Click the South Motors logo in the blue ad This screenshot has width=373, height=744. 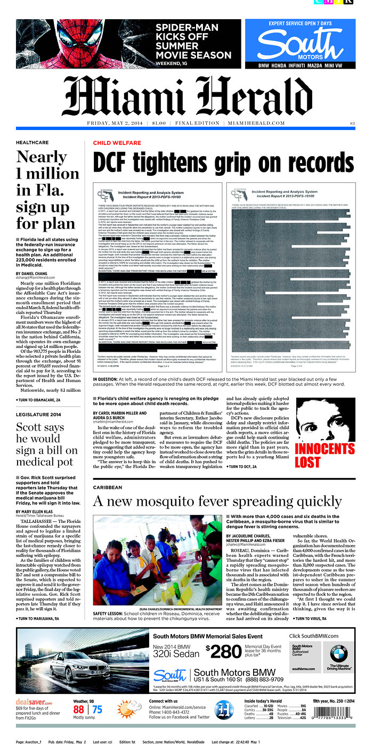click(x=299, y=46)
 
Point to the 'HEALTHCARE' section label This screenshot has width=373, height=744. click(x=32, y=143)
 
